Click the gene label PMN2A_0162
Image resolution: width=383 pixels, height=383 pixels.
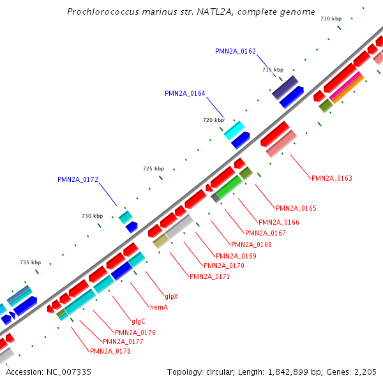point(236,51)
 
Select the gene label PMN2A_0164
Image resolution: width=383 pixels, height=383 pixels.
point(185,93)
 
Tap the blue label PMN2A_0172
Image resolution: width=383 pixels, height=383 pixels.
point(78,180)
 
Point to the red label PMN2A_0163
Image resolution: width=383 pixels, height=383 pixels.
point(332,179)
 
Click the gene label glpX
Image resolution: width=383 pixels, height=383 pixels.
point(171,297)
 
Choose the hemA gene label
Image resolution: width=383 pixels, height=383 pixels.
point(158,308)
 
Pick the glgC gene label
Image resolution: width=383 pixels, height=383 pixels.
point(139,322)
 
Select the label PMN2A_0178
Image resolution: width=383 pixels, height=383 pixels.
point(110,352)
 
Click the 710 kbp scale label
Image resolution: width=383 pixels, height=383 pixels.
point(331,19)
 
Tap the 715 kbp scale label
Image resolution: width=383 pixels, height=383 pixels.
point(273,70)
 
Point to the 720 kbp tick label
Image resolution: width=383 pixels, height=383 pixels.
point(213,120)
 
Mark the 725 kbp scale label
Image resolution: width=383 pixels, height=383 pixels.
point(153,169)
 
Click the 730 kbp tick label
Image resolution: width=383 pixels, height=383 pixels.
point(93,216)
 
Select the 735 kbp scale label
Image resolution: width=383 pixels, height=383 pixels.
point(31,263)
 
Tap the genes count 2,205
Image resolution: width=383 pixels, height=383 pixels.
point(366,372)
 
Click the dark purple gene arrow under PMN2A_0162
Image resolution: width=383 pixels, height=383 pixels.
point(285,87)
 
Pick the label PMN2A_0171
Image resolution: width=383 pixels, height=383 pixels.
point(209,277)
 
